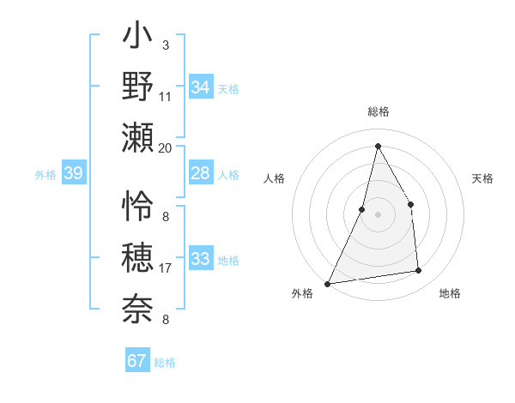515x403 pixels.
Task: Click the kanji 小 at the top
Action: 137,39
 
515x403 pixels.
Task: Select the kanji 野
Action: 137,86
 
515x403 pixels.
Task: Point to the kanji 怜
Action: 137,207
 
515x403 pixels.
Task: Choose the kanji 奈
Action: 137,307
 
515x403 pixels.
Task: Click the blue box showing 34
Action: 200,87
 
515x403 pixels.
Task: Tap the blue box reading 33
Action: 200,259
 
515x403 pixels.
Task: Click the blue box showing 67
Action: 136,361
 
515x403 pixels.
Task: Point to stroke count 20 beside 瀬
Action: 166,147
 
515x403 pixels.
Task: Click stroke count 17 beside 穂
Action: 166,269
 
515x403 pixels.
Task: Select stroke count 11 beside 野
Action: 166,96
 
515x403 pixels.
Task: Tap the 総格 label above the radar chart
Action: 378,112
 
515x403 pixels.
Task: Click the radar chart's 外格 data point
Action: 328,283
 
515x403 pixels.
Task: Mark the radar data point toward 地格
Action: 419,271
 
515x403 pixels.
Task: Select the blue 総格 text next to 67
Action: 165,363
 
